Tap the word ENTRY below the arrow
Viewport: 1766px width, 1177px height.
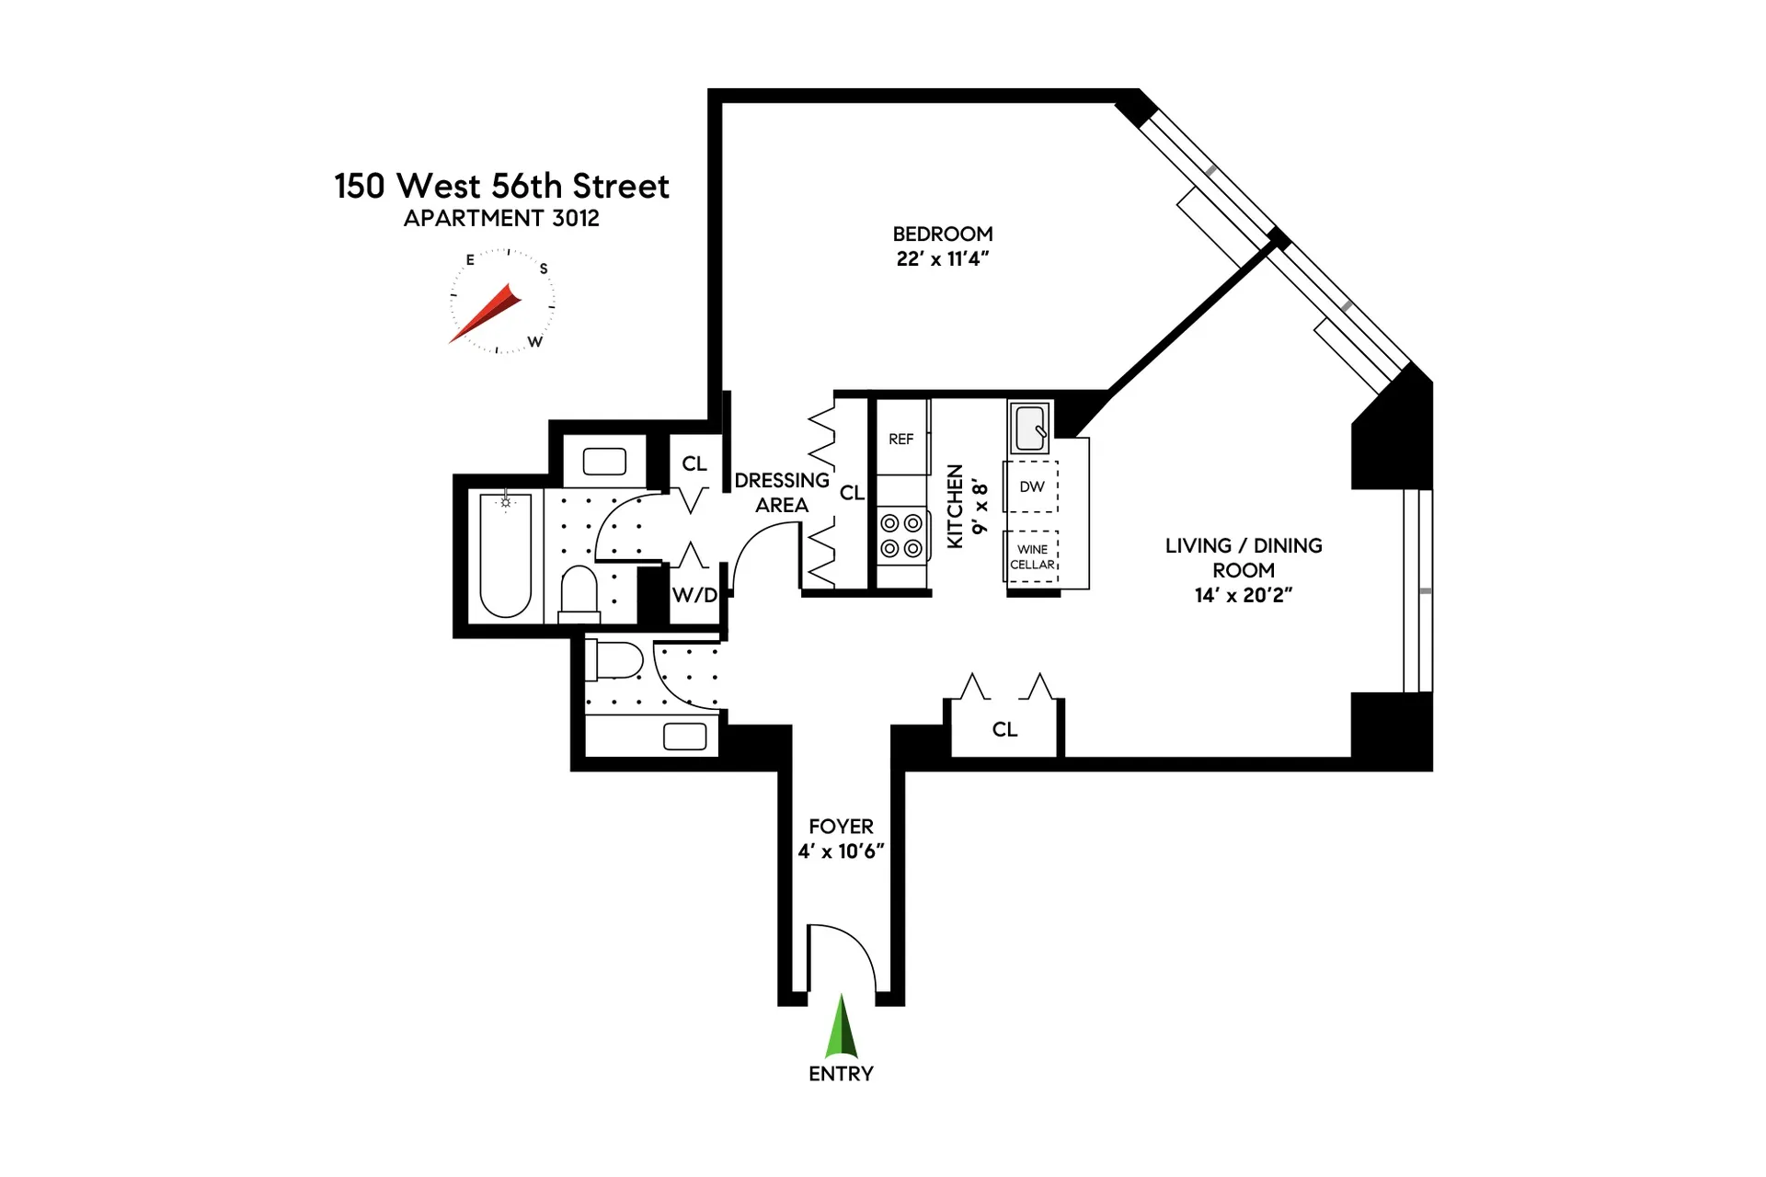coord(841,1074)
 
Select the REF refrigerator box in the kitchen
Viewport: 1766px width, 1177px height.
coord(901,439)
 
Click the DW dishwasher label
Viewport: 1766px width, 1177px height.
coord(1032,486)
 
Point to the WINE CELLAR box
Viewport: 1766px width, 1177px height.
coord(1032,556)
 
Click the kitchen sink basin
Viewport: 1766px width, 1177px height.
coord(1029,428)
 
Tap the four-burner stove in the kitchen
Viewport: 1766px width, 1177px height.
coord(901,536)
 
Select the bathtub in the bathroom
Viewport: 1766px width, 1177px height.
coord(505,555)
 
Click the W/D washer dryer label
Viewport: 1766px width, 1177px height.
coord(694,595)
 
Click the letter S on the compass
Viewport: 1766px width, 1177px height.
coord(544,269)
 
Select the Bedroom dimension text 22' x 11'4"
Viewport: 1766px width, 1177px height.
coord(943,259)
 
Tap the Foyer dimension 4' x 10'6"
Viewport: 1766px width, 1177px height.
coord(841,851)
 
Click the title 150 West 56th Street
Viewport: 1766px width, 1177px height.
coord(501,186)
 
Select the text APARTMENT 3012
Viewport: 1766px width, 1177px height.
coord(501,218)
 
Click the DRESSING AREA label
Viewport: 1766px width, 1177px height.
coord(782,493)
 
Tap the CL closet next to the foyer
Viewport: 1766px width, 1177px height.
coord(1004,729)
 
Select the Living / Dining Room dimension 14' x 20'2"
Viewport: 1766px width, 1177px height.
coord(1244,596)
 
